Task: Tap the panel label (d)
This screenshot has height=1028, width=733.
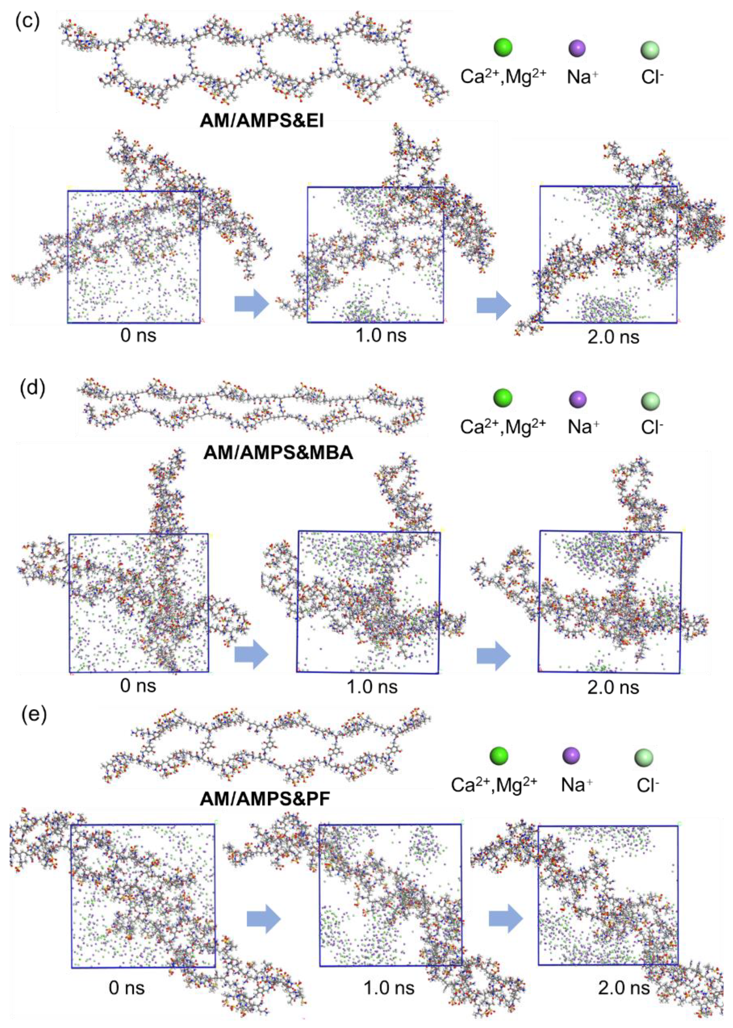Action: coord(33,388)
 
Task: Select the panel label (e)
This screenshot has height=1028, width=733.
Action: coord(34,716)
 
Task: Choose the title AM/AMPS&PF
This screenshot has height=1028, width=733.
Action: coord(265,799)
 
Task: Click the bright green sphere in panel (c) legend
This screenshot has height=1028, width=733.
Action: coord(503,47)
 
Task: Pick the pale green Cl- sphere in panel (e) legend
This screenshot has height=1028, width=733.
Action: coord(644,756)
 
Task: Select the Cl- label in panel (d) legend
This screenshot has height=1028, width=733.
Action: coord(652,426)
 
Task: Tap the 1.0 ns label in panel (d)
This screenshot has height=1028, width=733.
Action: coord(372,687)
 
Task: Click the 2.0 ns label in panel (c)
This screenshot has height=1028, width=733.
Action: coord(613,337)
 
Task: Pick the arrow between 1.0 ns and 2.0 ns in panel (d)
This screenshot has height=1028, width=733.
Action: coord(493,656)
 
